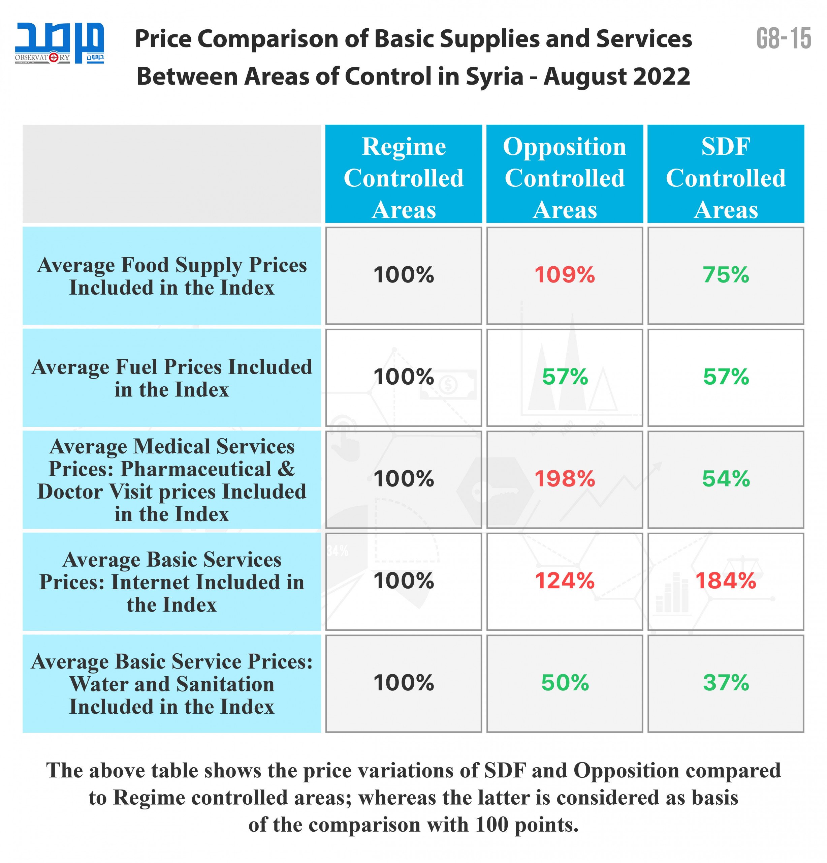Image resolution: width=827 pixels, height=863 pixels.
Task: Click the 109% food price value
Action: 564,275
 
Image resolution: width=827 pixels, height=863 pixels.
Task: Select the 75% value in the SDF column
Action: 725,275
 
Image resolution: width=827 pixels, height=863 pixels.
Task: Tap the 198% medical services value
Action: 564,479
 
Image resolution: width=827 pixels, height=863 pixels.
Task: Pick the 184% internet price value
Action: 725,581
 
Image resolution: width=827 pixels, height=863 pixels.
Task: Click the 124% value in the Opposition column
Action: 564,581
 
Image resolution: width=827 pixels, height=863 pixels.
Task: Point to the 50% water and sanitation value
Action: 564,683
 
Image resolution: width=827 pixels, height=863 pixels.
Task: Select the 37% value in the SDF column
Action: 725,683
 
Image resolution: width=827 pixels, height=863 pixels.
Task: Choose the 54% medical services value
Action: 725,479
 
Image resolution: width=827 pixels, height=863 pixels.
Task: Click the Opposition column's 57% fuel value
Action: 564,377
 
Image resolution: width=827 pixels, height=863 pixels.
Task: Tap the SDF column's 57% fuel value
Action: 725,377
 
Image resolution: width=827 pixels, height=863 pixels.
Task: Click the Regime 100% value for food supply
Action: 403,275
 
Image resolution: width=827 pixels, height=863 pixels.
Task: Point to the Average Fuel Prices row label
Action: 171,378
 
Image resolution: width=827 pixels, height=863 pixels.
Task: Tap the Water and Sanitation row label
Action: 171,684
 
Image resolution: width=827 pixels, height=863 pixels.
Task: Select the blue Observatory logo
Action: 59,43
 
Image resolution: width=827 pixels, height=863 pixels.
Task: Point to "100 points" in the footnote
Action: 525,825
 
